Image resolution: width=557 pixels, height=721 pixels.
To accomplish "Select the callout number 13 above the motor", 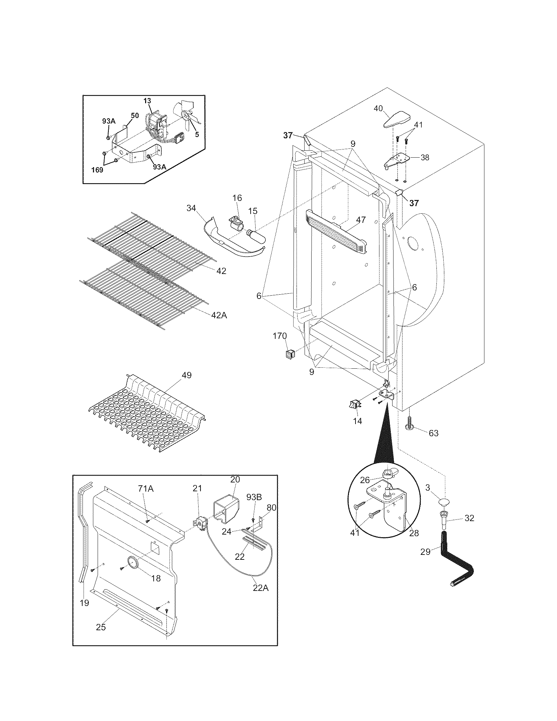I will click(147, 101).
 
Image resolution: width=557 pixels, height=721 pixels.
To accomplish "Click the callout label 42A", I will click(219, 315).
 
